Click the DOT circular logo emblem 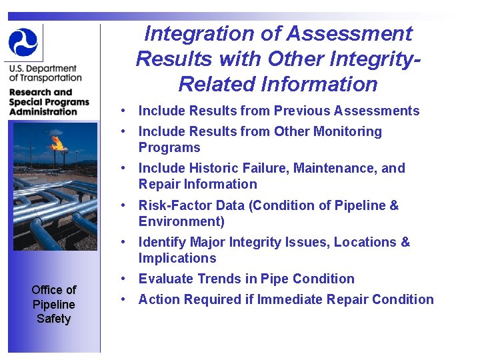click(23, 42)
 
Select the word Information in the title click(319, 84)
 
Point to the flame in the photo click(58, 142)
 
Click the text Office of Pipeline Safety click(53, 304)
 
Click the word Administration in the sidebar click(43, 111)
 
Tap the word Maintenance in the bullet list click(332, 168)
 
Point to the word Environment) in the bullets click(181, 221)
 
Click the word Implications click(177, 258)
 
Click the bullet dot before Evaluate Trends click(125, 279)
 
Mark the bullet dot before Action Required click(125, 299)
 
